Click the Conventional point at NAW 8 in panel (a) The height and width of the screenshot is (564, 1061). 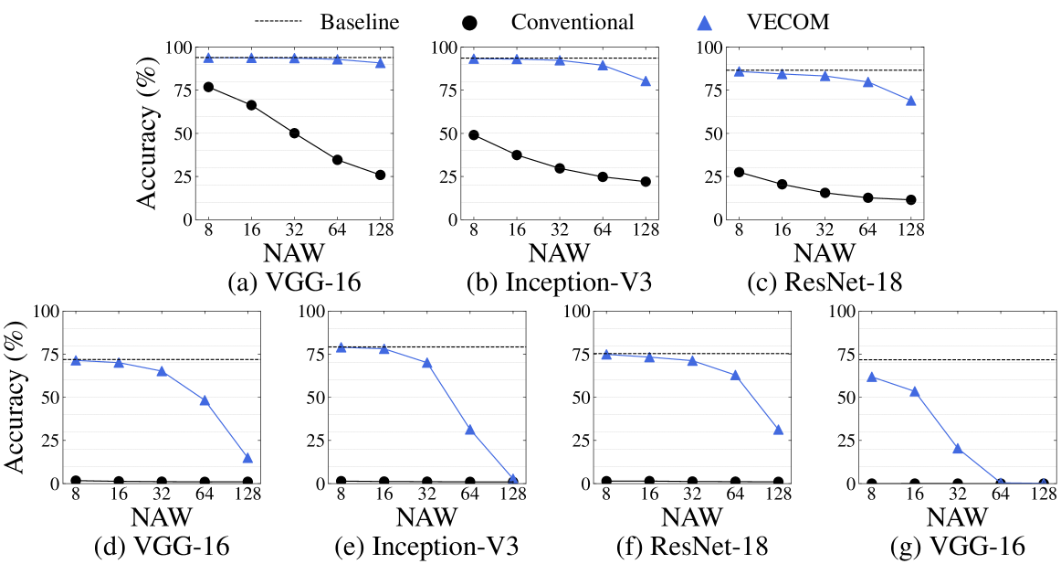[x=208, y=87]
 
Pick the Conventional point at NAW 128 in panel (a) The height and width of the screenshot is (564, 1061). [x=380, y=175]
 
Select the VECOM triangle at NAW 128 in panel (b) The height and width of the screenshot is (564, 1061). [x=646, y=80]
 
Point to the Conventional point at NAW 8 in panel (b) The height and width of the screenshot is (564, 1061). [x=474, y=134]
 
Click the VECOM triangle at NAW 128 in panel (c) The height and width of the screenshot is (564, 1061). [x=910, y=100]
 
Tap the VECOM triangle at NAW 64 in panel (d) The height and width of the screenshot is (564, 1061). [x=205, y=399]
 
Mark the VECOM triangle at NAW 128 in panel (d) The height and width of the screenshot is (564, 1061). [x=247, y=457]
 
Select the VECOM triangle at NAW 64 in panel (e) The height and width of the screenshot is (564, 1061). [x=469, y=429]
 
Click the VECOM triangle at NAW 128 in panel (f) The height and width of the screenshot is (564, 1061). [x=778, y=429]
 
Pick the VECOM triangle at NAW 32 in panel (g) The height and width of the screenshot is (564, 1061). [x=958, y=448]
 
